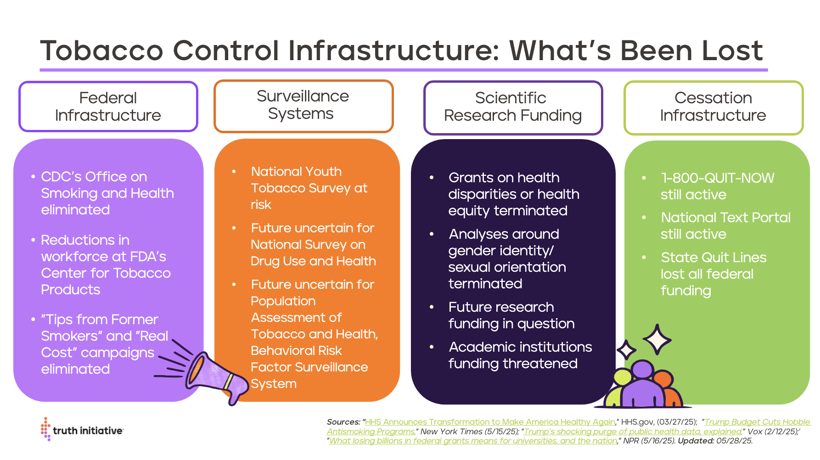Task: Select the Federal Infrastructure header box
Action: coord(108,107)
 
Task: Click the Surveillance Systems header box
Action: coord(303,106)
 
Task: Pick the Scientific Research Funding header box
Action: coord(513,108)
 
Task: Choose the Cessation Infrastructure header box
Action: coord(713,108)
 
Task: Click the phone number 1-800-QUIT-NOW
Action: coord(718,178)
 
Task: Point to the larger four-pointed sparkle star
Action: coord(657,339)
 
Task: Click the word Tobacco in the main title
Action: coord(102,50)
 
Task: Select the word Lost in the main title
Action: coord(733,50)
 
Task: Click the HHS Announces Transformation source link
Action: coord(490,422)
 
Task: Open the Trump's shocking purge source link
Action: coord(633,432)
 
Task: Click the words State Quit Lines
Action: coord(713,257)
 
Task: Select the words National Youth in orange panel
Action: coord(296,171)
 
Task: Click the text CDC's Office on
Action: coord(94,177)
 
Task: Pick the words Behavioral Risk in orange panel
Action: coord(296,350)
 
